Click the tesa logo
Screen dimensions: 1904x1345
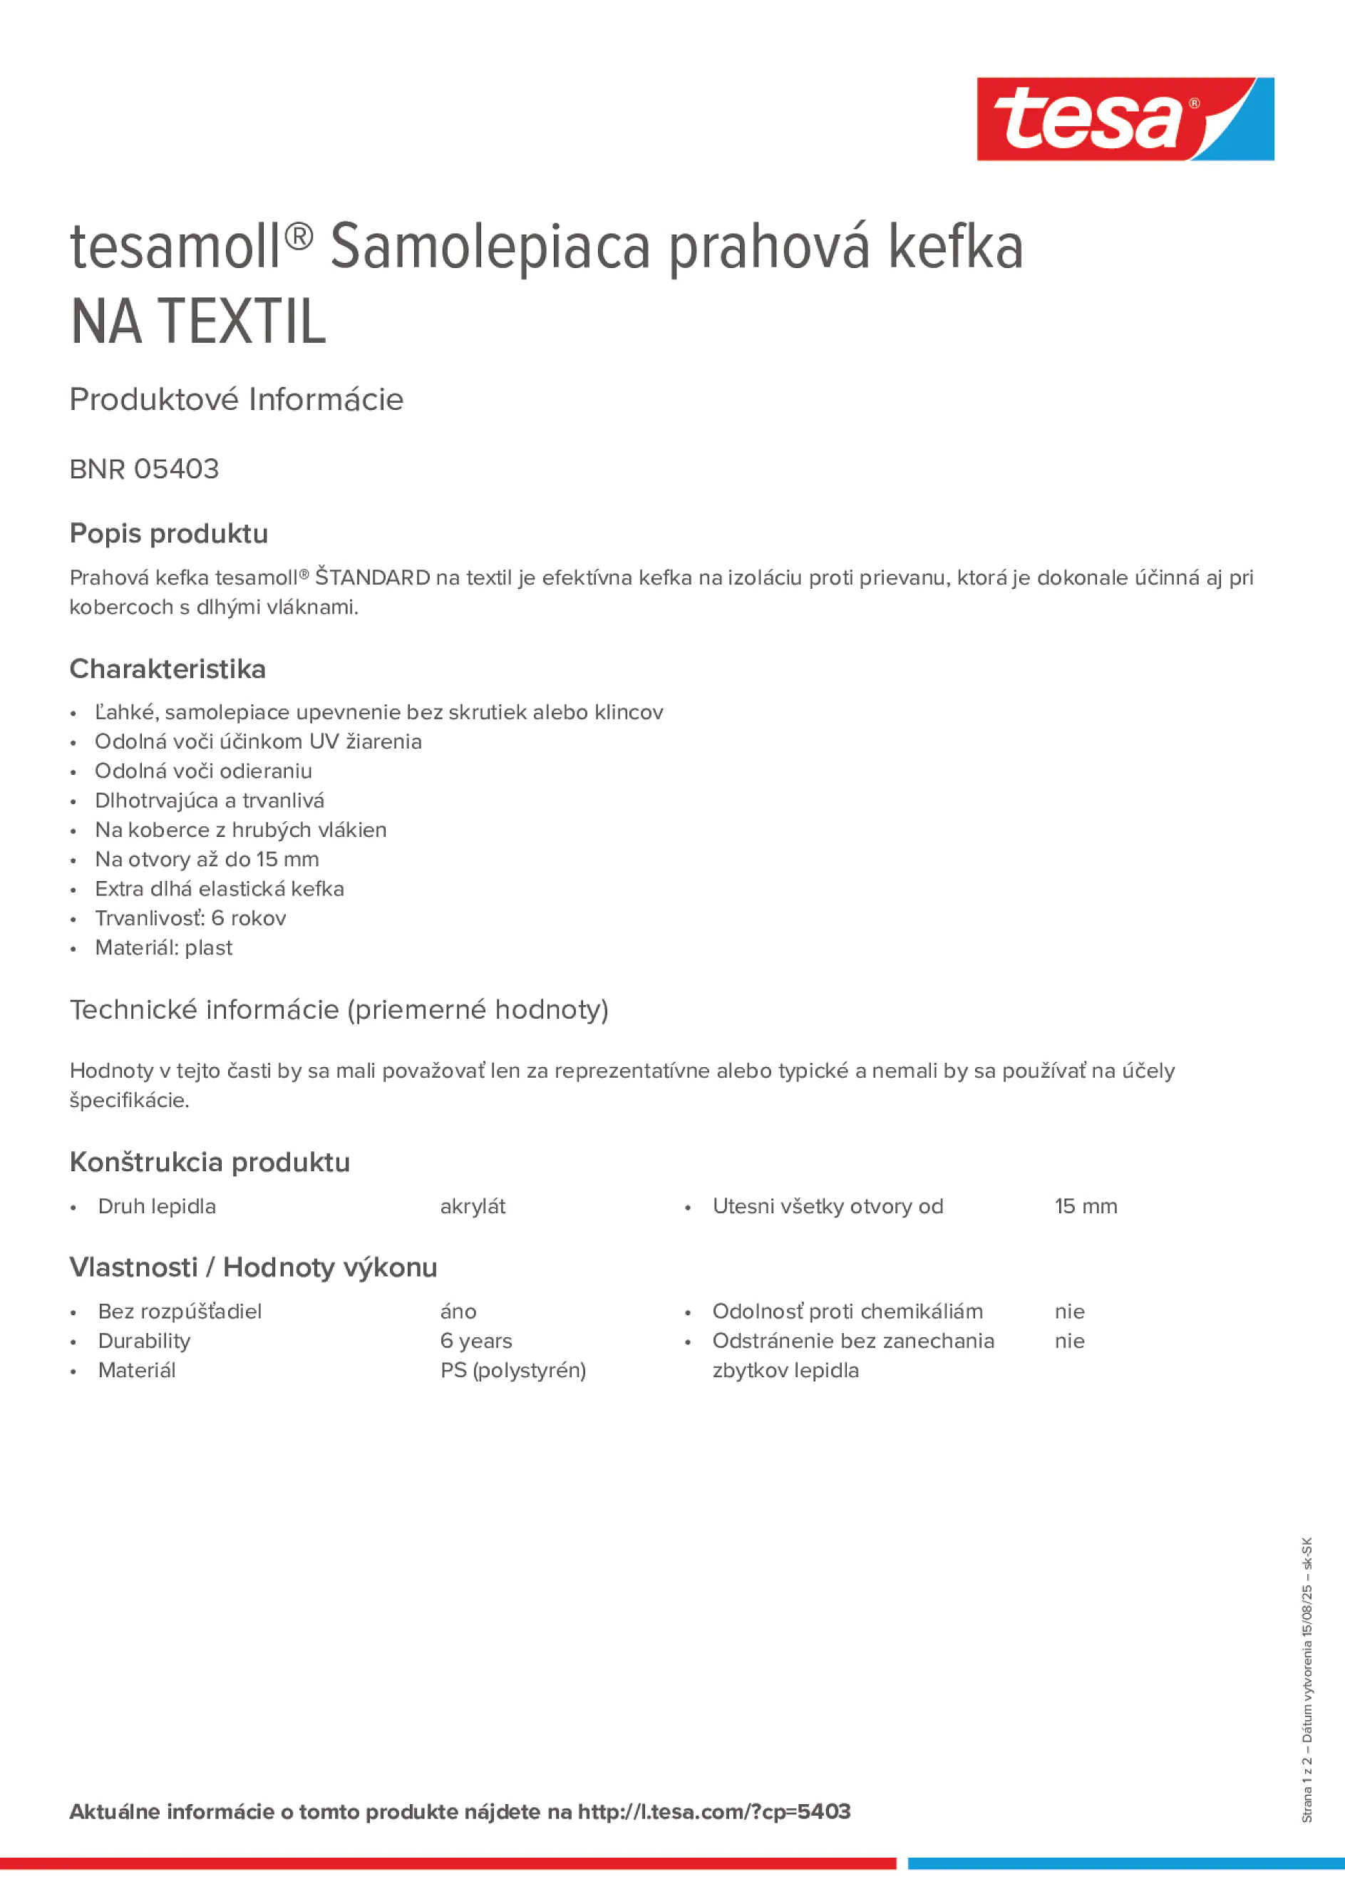pos(1125,120)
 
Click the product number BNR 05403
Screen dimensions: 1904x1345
pos(144,469)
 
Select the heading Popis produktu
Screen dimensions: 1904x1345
pos(168,534)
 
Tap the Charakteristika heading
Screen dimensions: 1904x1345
pos(168,669)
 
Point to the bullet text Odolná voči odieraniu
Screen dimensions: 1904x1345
pos(203,771)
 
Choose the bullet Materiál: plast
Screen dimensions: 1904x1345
pos(163,948)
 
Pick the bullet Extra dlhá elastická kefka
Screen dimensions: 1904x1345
pos(219,889)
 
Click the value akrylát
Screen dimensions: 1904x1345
pos(473,1207)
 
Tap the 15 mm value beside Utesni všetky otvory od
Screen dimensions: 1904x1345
pos(1086,1207)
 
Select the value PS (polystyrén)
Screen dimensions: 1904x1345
pos(512,1371)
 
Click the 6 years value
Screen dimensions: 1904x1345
pos(476,1341)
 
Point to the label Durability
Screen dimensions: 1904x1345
pos(144,1341)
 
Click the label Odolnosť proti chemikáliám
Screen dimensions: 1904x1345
pos(847,1312)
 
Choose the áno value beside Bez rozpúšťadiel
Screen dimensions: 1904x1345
pos(458,1312)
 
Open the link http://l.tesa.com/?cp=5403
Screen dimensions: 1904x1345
pos(714,1812)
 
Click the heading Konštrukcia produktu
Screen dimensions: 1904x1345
pos(210,1163)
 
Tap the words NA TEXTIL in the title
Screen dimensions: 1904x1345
pos(198,321)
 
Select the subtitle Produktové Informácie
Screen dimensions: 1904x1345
pos(237,400)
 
